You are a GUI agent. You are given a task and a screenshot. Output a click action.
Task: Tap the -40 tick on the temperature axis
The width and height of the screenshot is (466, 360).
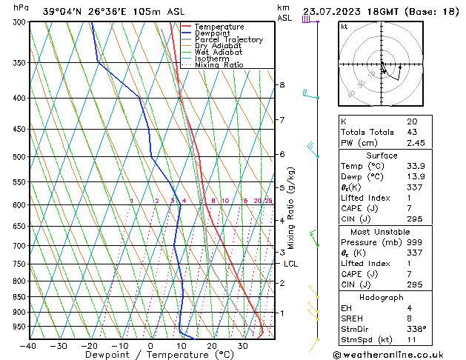(x=28, y=345)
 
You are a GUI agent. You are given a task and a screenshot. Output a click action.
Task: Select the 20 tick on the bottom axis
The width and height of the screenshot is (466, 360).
(x=211, y=345)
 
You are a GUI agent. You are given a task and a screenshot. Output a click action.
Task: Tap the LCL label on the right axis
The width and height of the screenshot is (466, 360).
(x=291, y=264)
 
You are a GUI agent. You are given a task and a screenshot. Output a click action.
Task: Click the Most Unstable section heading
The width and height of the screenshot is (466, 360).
(x=382, y=232)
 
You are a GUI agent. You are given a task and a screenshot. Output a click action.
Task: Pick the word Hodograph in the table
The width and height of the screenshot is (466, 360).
(x=382, y=297)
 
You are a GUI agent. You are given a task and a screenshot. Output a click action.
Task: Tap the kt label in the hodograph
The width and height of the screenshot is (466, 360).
(x=344, y=26)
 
